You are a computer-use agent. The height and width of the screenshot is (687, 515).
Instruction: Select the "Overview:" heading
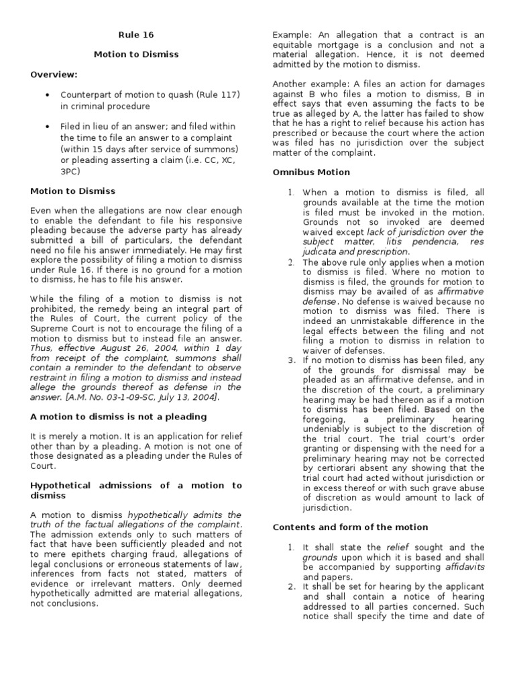(54, 74)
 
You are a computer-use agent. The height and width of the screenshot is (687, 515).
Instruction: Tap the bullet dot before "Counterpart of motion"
(47, 95)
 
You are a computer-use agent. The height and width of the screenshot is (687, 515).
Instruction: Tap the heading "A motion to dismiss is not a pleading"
(119, 417)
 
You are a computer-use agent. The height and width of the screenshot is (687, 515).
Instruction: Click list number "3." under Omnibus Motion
(292, 360)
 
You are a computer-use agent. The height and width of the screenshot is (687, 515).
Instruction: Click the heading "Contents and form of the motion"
(350, 527)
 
